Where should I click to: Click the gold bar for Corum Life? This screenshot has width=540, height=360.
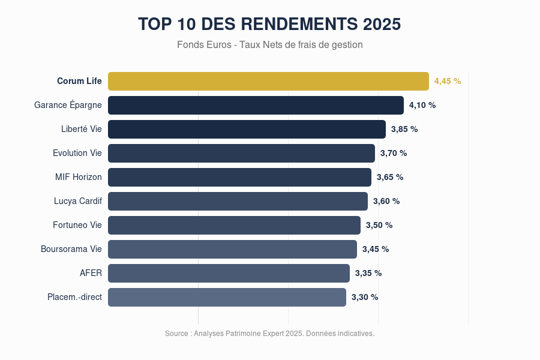(x=268, y=81)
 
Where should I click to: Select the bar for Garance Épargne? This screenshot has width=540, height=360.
(x=256, y=105)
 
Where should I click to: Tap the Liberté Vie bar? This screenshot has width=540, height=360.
(x=247, y=129)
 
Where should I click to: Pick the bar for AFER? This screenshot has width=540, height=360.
(x=229, y=273)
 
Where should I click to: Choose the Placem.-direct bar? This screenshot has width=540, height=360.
(x=227, y=297)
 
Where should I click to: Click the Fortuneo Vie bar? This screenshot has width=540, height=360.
(x=234, y=225)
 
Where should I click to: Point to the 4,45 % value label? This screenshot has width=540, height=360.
(x=448, y=81)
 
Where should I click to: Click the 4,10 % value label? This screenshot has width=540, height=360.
(x=422, y=105)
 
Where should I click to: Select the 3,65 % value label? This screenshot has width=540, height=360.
(x=390, y=177)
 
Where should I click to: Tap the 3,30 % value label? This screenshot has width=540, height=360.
(x=365, y=297)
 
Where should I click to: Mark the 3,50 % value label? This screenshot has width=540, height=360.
(x=379, y=225)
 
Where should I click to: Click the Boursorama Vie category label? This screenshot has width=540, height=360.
(x=71, y=249)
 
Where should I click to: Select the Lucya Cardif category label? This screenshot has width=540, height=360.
(x=78, y=201)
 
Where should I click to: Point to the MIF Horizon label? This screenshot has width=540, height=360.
(x=79, y=177)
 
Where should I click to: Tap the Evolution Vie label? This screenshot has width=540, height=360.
(x=77, y=153)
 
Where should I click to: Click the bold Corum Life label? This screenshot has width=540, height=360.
(x=79, y=81)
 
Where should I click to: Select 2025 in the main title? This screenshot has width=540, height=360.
(x=382, y=24)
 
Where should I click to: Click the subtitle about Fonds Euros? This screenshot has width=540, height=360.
(x=270, y=44)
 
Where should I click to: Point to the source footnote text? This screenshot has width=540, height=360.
(x=269, y=333)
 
